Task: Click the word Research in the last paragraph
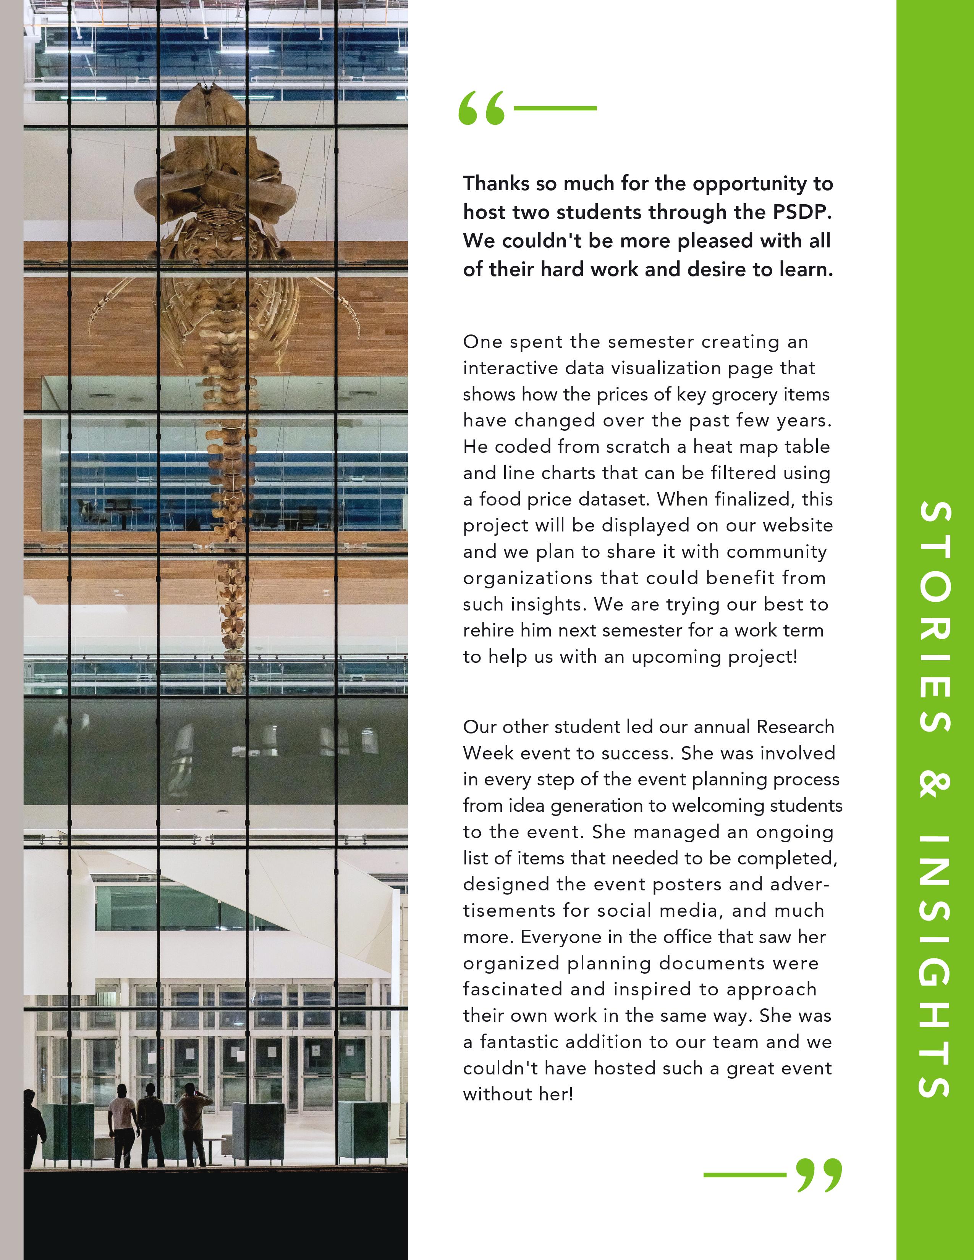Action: click(795, 727)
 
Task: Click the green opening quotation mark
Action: click(481, 108)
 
